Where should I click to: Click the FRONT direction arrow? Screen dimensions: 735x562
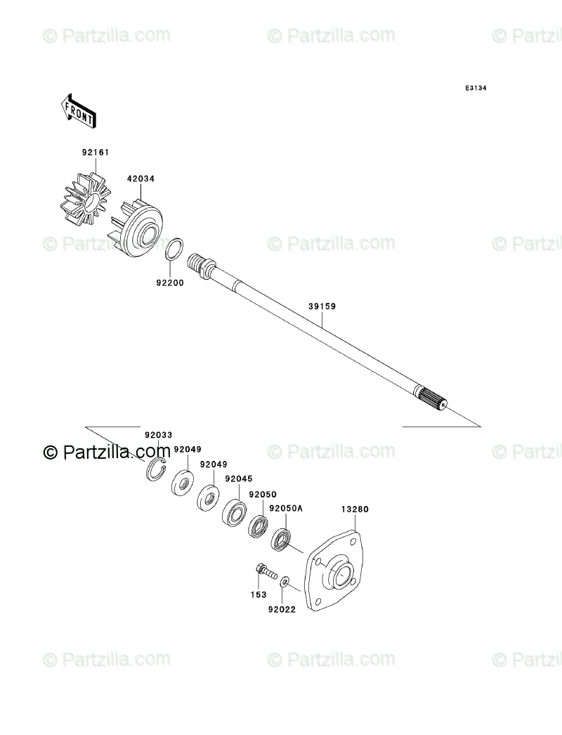pos(79,110)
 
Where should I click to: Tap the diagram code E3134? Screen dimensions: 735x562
pos(475,89)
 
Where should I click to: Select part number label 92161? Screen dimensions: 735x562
pos(96,152)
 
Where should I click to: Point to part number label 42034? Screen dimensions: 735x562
pos(140,178)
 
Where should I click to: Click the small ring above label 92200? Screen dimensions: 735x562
pos(175,249)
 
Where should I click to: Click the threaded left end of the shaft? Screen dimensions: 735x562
pos(200,264)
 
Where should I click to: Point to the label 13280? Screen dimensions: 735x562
pos(355,509)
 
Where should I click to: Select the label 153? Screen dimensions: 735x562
pos(259,594)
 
